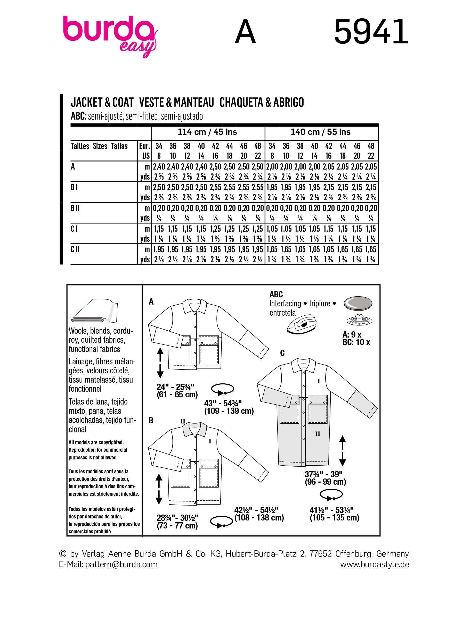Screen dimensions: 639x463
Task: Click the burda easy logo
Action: (110, 35)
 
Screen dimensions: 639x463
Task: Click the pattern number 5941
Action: (371, 31)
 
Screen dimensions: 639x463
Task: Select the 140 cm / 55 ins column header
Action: (321, 132)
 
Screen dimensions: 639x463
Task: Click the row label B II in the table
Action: (75, 208)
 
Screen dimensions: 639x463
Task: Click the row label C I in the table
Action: (75, 229)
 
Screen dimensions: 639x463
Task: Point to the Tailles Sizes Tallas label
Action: (99, 146)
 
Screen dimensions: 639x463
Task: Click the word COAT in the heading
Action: (123, 102)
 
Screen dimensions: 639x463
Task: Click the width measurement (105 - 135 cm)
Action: (335, 518)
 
